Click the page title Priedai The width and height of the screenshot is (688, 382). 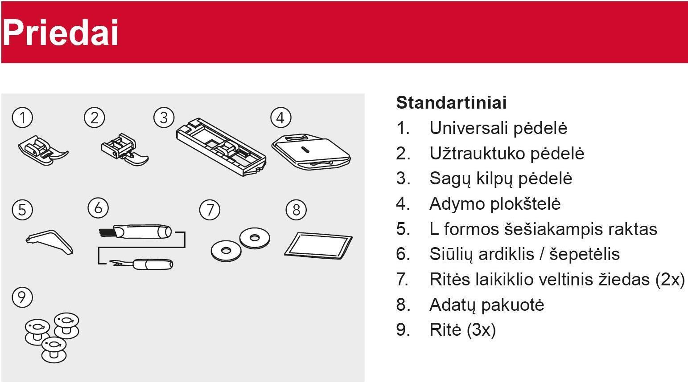point(61,32)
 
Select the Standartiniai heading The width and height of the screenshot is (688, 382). point(451,102)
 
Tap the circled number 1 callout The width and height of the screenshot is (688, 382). point(22,118)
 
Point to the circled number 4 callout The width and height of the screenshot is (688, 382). point(281,118)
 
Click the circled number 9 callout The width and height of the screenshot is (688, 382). point(22,297)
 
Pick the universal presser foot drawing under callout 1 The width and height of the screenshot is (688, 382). point(43,150)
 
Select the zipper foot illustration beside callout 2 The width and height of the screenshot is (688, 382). point(125,149)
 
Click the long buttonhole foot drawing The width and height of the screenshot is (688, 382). point(221,147)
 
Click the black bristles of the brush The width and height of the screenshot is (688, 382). point(107,232)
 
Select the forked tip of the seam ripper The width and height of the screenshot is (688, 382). point(115,263)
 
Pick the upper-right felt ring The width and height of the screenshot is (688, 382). point(255,238)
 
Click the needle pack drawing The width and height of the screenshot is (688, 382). point(318,246)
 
